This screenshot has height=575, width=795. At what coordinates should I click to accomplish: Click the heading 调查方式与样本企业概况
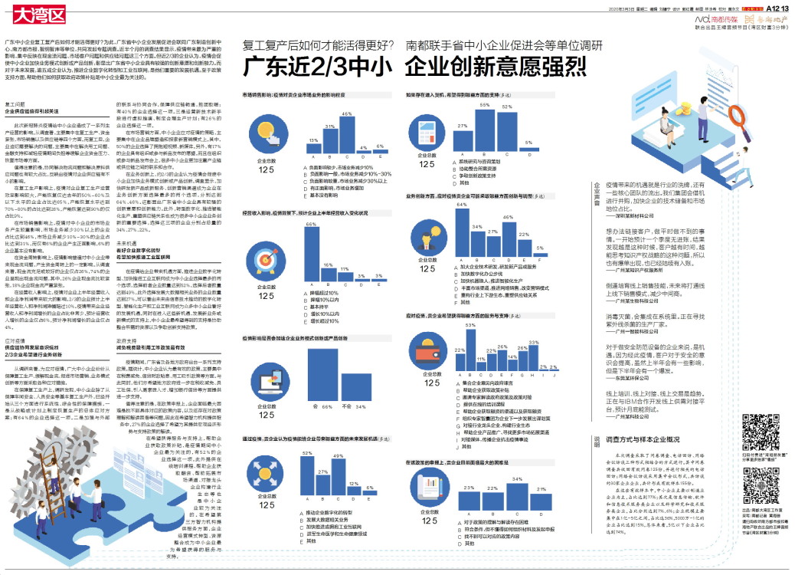643,440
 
